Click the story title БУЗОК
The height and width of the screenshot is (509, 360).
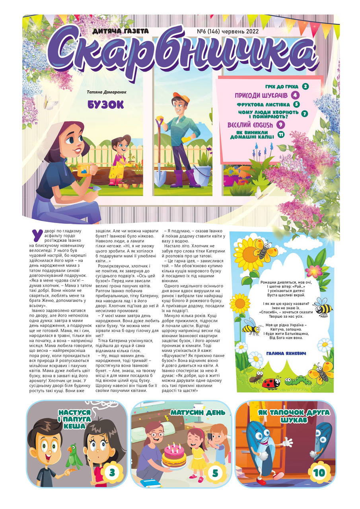tap(106, 105)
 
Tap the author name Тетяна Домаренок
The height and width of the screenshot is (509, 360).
tap(106, 92)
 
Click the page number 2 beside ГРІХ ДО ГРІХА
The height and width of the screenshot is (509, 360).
tap(306, 86)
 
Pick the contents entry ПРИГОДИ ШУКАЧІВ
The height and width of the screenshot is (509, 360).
tap(261, 95)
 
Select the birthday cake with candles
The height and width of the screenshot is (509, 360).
tap(174, 457)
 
